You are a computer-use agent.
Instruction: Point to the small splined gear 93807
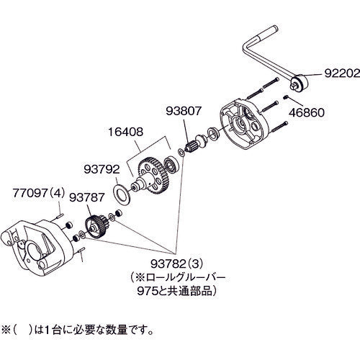point(192,149)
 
